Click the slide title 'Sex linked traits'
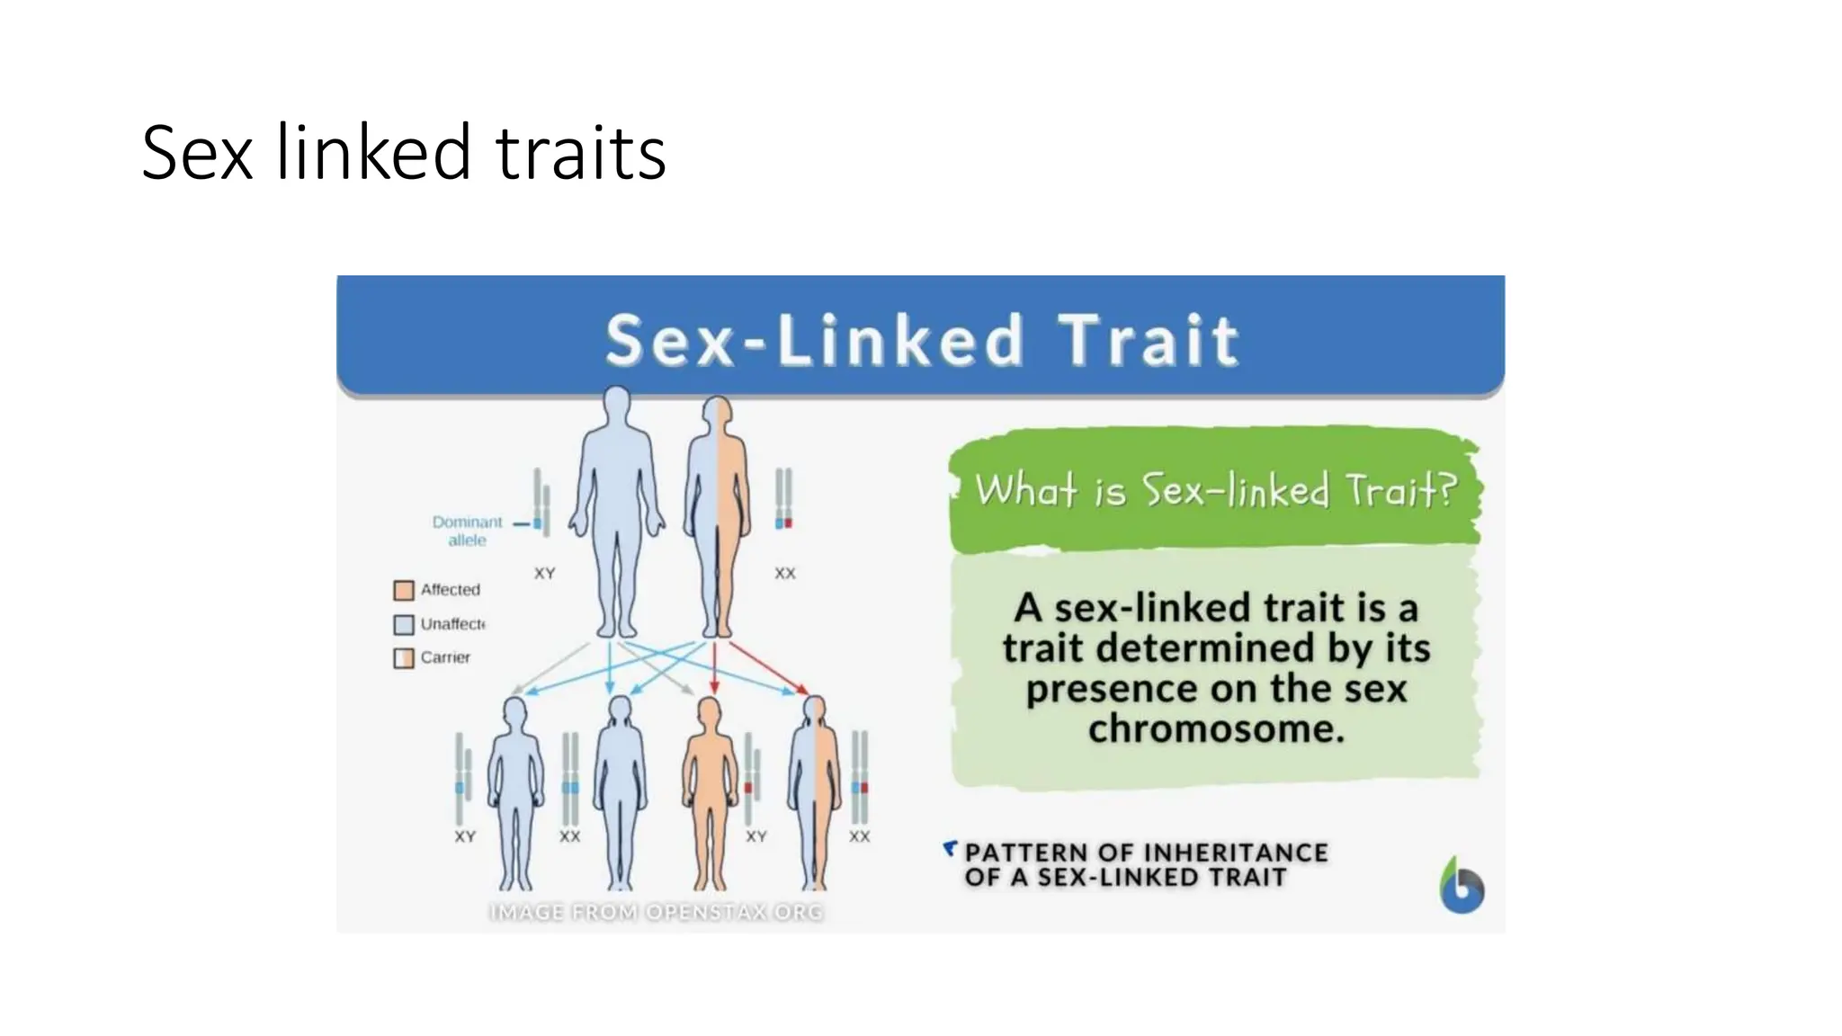click(x=403, y=153)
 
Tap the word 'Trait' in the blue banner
click(x=1149, y=341)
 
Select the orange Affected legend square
click(x=404, y=590)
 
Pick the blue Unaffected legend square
click(x=404, y=624)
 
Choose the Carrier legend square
click(x=404, y=658)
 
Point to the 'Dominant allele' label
click(x=467, y=531)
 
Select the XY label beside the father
click(x=545, y=573)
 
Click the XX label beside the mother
click(x=785, y=573)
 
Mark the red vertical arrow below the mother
click(x=714, y=667)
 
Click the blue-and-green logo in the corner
click(x=1462, y=886)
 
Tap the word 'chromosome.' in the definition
click(x=1216, y=729)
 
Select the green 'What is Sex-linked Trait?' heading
click(x=1215, y=491)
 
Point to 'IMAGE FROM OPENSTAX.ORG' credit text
click(x=657, y=912)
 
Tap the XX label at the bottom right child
click(x=860, y=836)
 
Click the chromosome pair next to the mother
click(x=784, y=498)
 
